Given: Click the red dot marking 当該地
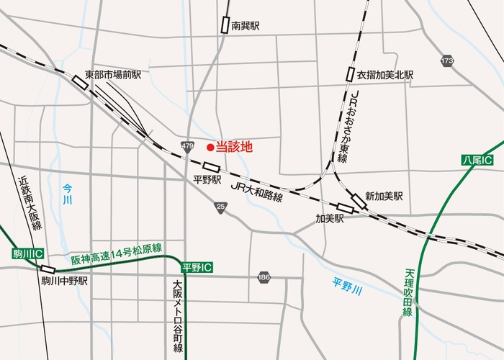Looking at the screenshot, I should pyautogui.click(x=210, y=148).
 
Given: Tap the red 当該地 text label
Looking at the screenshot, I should pyautogui.click(x=235, y=148).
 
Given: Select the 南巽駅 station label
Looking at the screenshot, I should pyautogui.click(x=245, y=26).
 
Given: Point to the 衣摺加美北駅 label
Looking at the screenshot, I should pyautogui.click(x=384, y=75).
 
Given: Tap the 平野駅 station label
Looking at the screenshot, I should pyautogui.click(x=207, y=180).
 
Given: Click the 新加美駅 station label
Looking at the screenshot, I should pyautogui.click(x=384, y=195).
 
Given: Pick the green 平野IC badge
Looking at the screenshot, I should pyautogui.click(x=197, y=267).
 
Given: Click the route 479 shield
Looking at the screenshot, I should pyautogui.click(x=188, y=147).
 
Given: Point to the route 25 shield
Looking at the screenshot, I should pyautogui.click(x=220, y=207).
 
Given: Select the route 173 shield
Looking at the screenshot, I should pyautogui.click(x=448, y=61).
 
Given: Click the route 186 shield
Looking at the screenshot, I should pyautogui.click(x=265, y=276).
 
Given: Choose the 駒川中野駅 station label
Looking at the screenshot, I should pyautogui.click(x=65, y=282).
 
